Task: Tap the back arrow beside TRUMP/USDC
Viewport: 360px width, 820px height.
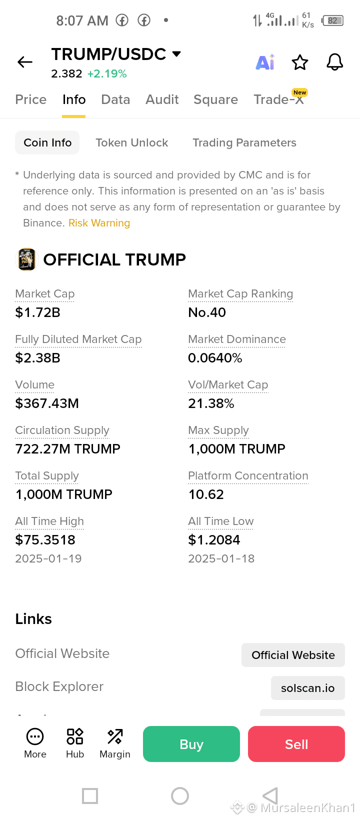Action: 25,62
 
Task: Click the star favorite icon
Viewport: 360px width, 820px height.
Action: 299,62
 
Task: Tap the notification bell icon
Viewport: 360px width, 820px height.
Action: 334,62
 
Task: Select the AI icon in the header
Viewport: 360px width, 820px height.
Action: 265,62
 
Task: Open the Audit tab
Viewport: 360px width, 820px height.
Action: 162,99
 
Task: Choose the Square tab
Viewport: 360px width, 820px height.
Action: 215,99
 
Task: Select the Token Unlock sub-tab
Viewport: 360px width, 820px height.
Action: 132,142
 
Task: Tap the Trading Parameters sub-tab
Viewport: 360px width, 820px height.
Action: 244,142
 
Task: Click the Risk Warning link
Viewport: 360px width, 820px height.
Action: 99,223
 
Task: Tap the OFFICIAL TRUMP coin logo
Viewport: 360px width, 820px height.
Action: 26,259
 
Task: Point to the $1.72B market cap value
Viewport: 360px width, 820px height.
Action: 37,312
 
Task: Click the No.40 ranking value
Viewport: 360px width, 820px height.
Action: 207,312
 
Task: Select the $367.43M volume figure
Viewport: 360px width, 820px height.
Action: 47,403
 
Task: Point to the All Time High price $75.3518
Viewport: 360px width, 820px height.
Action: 45,540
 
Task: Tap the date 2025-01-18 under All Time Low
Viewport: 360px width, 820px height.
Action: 221,558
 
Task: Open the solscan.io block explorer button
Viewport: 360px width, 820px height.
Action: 307,688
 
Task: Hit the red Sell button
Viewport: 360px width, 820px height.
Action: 296,744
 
